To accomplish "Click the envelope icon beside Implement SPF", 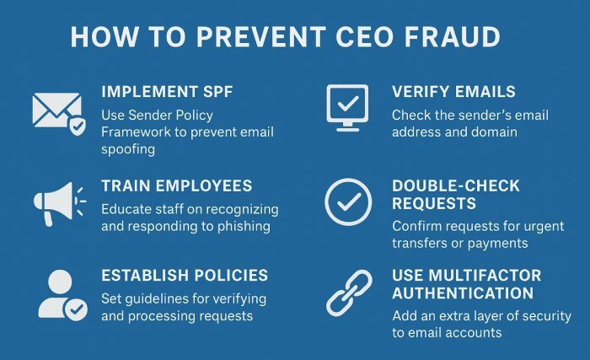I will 57,111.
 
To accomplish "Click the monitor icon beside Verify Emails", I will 347,107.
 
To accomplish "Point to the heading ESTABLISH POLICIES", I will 185,275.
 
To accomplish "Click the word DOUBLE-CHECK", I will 458,185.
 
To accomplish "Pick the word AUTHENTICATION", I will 463,293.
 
